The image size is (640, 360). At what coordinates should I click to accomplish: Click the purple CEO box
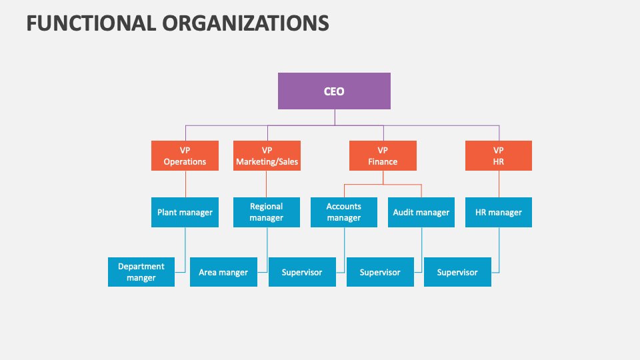[334, 91]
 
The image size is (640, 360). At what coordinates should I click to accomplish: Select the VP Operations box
[185, 155]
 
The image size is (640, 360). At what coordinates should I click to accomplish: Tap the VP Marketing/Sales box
[267, 155]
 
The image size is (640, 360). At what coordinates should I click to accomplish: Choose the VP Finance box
[383, 155]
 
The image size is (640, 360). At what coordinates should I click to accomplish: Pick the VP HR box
[499, 155]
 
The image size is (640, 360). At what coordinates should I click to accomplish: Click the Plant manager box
[185, 212]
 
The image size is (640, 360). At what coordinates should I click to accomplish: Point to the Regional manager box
[267, 212]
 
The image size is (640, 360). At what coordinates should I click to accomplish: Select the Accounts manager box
[344, 212]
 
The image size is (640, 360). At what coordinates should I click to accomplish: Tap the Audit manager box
[421, 212]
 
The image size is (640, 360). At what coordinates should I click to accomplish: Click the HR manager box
[499, 212]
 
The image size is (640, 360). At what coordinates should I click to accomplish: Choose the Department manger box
[141, 272]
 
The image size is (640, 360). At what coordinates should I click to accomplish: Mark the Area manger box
[223, 272]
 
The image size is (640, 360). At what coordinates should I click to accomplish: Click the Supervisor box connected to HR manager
[457, 272]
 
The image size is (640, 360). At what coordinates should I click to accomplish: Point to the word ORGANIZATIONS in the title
[245, 23]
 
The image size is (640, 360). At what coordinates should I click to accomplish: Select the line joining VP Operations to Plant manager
[185, 184]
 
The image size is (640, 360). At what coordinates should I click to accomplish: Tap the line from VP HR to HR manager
[499, 184]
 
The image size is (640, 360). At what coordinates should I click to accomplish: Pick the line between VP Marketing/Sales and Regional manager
[267, 184]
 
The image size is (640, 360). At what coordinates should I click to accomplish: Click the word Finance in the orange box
[383, 161]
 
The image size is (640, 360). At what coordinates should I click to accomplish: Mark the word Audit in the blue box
[404, 213]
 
